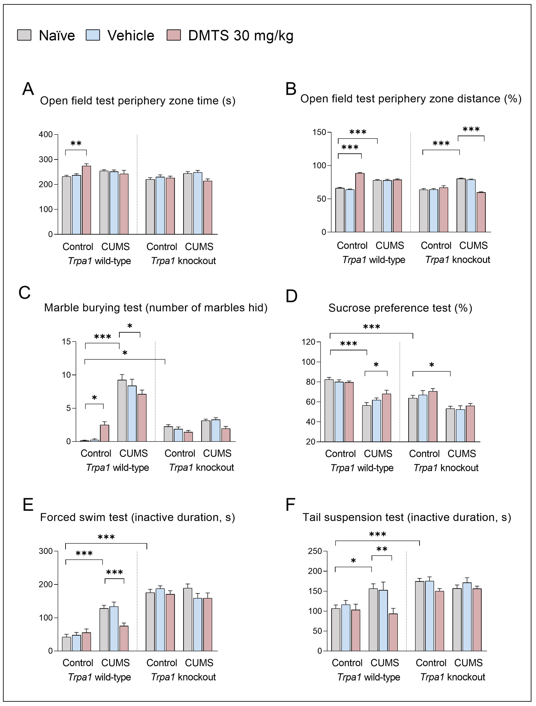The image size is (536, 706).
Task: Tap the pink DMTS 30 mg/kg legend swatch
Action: [174, 35]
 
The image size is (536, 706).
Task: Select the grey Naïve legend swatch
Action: [24, 35]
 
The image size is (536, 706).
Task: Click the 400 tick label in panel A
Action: [46, 134]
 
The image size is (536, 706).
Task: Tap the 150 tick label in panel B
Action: [319, 132]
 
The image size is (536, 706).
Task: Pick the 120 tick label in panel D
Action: [308, 342]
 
